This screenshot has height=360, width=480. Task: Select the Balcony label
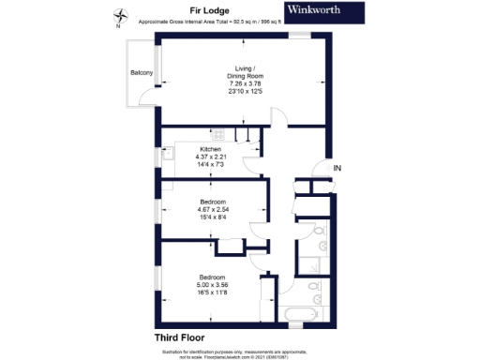[x=142, y=72]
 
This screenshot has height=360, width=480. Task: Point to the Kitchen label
[x=207, y=148]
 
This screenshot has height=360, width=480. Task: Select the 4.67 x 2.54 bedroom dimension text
[x=211, y=208]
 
